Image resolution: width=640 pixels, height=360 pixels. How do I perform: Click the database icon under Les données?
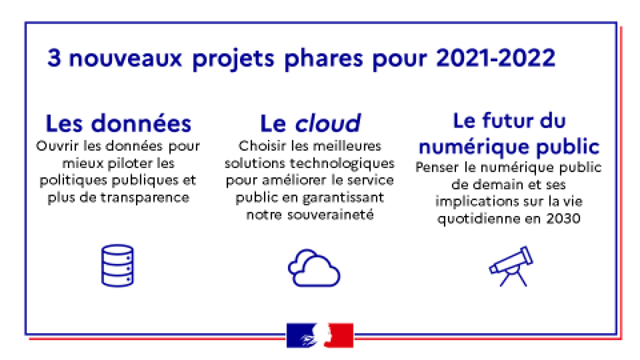click(x=117, y=266)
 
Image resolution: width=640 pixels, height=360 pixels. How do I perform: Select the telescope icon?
click(x=511, y=266)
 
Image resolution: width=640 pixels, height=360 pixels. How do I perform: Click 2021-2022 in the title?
click(x=495, y=58)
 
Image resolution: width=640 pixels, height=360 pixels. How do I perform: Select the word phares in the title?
click(x=323, y=59)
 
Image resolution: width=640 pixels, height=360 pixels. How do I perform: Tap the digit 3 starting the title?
click(x=54, y=58)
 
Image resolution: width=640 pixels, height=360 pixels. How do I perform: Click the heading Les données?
click(x=118, y=123)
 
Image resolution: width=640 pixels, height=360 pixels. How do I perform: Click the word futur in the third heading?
click(x=508, y=121)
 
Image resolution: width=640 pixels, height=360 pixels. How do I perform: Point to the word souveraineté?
click(x=330, y=214)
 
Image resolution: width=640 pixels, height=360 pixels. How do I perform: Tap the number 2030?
click(x=563, y=219)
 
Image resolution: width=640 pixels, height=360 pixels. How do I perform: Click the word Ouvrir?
click(x=57, y=146)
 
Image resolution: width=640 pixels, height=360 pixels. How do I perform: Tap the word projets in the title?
click(x=233, y=59)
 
